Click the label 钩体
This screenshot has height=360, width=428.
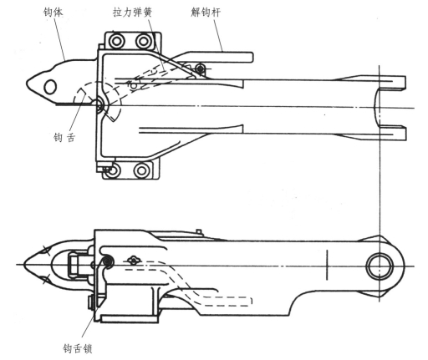(53, 12)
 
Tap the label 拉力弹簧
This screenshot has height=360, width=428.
(133, 12)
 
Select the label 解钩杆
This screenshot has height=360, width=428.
(206, 13)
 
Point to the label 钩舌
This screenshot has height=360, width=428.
(64, 138)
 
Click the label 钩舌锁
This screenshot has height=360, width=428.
(78, 348)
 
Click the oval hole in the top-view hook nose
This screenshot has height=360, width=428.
(50, 87)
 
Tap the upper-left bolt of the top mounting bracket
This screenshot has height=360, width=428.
(115, 42)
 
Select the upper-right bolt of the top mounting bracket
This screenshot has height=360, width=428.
(143, 42)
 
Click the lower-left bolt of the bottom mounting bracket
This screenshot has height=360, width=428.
(113, 170)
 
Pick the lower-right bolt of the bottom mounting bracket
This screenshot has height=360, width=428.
(141, 170)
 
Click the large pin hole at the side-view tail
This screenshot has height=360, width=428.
(380, 266)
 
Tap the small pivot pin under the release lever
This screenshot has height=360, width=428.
(200, 68)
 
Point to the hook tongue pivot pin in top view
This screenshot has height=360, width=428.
(99, 105)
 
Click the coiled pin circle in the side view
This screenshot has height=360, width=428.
(107, 261)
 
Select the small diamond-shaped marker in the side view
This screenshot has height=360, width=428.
(134, 261)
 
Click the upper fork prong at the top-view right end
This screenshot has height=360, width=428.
(391, 82)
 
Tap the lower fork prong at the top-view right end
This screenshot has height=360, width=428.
(391, 133)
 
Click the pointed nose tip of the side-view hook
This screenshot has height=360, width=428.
(25, 264)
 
